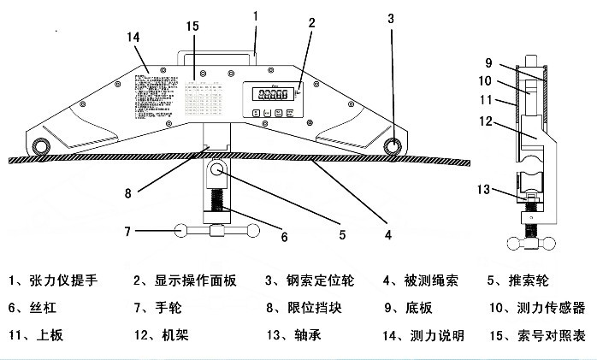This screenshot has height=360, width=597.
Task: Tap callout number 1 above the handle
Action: (x=256, y=15)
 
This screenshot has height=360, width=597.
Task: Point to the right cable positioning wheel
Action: (x=393, y=146)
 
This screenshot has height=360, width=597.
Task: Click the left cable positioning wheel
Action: (x=39, y=147)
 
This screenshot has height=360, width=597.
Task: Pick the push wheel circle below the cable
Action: (x=217, y=171)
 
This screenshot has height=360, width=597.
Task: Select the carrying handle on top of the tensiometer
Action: (x=217, y=53)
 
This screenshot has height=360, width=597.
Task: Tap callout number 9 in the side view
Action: (x=488, y=62)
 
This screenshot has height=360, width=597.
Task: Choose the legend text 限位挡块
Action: (x=305, y=308)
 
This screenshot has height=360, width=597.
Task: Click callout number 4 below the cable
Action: (x=387, y=233)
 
